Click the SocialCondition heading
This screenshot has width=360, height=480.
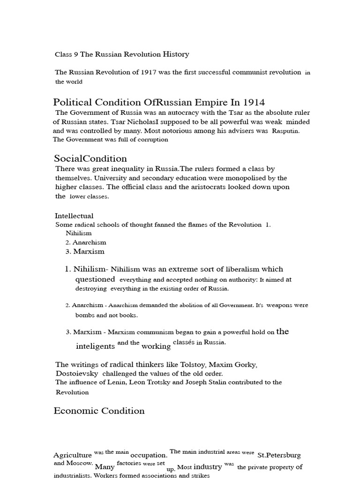click(x=90, y=158)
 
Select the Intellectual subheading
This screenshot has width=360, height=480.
click(x=74, y=216)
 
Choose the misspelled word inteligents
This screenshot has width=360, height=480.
click(x=95, y=346)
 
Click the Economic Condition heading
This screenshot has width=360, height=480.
click(x=99, y=411)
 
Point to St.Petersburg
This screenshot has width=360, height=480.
click(x=279, y=455)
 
